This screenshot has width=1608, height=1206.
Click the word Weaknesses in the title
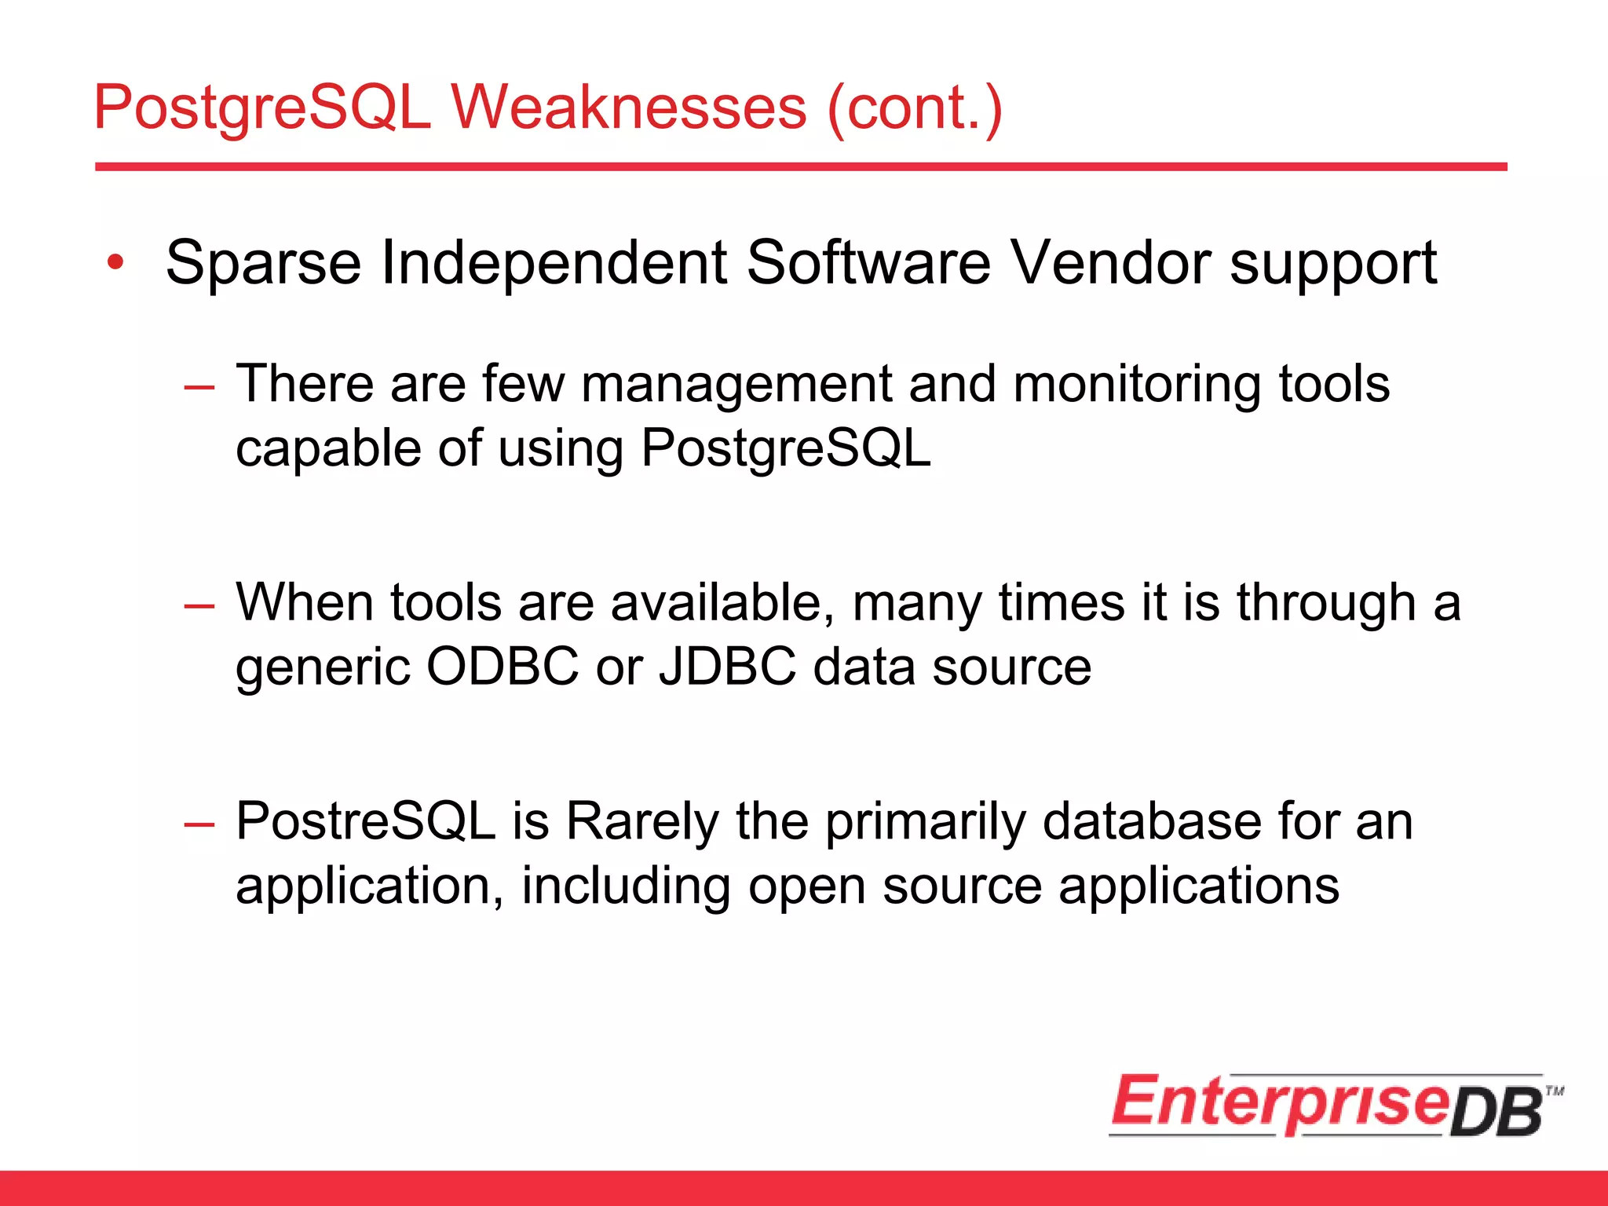pyautogui.click(x=628, y=108)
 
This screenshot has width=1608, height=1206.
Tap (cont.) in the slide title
pyautogui.click(x=915, y=108)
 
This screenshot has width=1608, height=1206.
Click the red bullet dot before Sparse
pyautogui.click(x=116, y=263)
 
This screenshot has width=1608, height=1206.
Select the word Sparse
pyautogui.click(x=263, y=263)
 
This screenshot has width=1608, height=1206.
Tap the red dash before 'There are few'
pyautogui.click(x=199, y=387)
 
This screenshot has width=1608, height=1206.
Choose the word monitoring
pyautogui.click(x=1135, y=385)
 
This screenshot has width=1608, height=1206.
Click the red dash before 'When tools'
pyautogui.click(x=199, y=605)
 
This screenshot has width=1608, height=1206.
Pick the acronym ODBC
pyautogui.click(x=502, y=667)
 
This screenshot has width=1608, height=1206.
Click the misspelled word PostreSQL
pyautogui.click(x=366, y=822)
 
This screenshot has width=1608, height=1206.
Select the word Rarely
pyautogui.click(x=641, y=822)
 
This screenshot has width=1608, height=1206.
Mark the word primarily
pyautogui.click(x=925, y=822)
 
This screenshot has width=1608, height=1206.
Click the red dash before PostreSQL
pyautogui.click(x=199, y=824)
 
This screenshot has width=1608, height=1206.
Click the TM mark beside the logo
pyautogui.click(x=1554, y=1091)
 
